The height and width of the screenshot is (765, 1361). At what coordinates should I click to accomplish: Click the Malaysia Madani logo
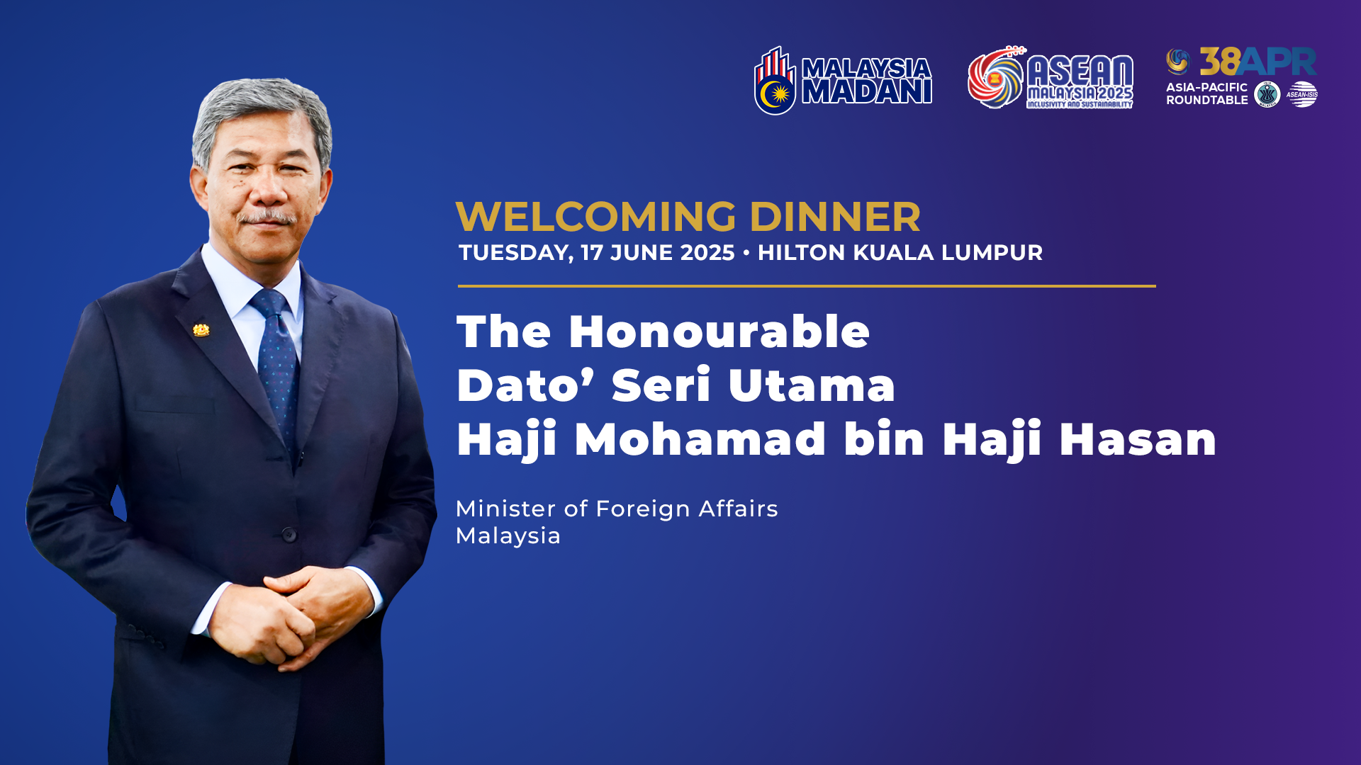(x=843, y=80)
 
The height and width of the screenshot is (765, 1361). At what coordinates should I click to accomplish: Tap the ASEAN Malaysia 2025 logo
(x=1051, y=77)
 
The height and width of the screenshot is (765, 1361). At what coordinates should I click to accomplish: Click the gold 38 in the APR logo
(x=1219, y=62)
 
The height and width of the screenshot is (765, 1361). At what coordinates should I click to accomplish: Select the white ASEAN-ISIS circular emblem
(x=1302, y=94)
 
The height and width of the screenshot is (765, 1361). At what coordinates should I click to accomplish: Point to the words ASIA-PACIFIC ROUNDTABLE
(x=1207, y=93)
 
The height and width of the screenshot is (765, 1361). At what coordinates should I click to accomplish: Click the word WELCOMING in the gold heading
(x=597, y=217)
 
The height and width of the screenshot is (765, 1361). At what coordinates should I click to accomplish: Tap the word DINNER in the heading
(x=835, y=217)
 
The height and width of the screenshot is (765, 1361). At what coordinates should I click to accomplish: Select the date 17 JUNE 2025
(x=658, y=253)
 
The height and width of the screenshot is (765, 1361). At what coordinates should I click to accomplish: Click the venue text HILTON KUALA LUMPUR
(x=900, y=253)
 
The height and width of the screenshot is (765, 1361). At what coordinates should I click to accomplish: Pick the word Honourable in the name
(x=719, y=331)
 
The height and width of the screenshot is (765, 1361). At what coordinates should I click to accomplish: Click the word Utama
(x=812, y=385)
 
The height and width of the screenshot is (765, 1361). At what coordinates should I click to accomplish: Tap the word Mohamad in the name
(x=700, y=439)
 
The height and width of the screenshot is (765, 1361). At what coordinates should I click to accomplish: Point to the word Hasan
(x=1138, y=439)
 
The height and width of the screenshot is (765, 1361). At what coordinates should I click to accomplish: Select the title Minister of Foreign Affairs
(x=617, y=509)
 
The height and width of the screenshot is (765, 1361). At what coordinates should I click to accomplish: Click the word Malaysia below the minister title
(x=508, y=536)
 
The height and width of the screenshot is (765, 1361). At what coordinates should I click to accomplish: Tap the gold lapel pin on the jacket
(x=201, y=330)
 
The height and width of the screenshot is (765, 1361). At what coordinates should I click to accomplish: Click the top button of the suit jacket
(x=289, y=534)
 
